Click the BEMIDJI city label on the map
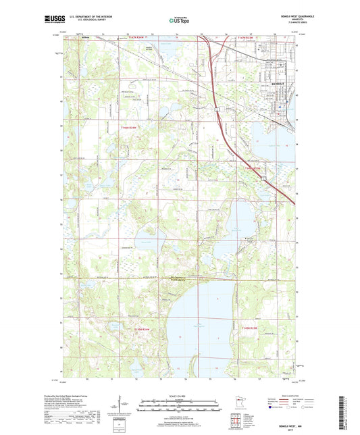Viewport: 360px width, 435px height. (x=279, y=84)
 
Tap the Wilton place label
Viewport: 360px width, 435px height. (x=85, y=39)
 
